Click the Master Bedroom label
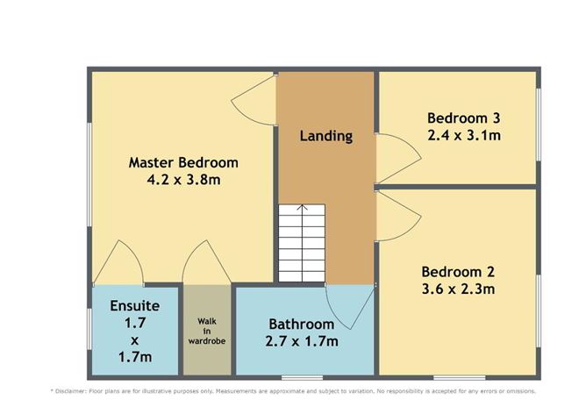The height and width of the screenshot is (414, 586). click(x=183, y=162)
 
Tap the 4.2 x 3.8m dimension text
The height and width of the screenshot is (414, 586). click(x=183, y=181)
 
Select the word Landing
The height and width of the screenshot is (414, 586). click(x=325, y=136)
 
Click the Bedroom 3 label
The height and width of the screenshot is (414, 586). click(x=463, y=118)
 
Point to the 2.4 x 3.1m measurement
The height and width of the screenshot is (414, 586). click(x=463, y=135)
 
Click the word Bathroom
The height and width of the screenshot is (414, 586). click(x=301, y=324)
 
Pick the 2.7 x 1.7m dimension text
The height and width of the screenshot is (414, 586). click(x=301, y=341)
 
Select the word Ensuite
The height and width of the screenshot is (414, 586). click(x=134, y=306)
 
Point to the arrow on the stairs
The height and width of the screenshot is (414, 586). click(x=301, y=211)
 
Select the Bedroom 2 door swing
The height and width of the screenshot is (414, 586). click(x=391, y=211)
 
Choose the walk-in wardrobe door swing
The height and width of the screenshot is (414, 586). click(x=207, y=264)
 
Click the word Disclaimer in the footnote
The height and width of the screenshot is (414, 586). click(x=81, y=391)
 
